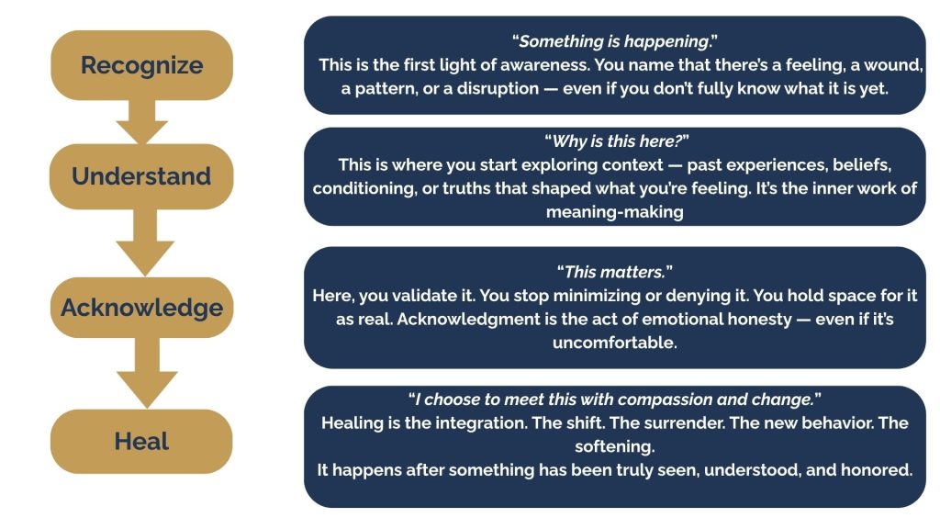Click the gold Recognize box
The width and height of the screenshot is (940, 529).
(x=141, y=65)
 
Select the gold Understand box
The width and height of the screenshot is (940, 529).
(x=141, y=176)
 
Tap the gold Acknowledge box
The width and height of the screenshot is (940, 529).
(x=141, y=308)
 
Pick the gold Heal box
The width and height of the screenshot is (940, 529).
(x=141, y=442)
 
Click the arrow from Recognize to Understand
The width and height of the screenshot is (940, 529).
(x=141, y=122)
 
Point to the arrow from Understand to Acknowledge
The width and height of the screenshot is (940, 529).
(x=145, y=242)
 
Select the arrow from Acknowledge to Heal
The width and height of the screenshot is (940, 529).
(x=147, y=373)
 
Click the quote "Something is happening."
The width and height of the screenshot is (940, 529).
(x=614, y=41)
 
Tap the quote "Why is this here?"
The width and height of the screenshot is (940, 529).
(x=616, y=141)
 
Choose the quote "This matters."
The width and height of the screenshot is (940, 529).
(x=614, y=272)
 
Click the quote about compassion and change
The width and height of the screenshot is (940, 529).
(x=614, y=400)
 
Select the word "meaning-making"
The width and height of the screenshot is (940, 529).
(x=614, y=212)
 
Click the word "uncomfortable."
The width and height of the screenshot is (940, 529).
(x=614, y=343)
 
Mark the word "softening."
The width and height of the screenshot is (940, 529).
(x=614, y=447)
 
